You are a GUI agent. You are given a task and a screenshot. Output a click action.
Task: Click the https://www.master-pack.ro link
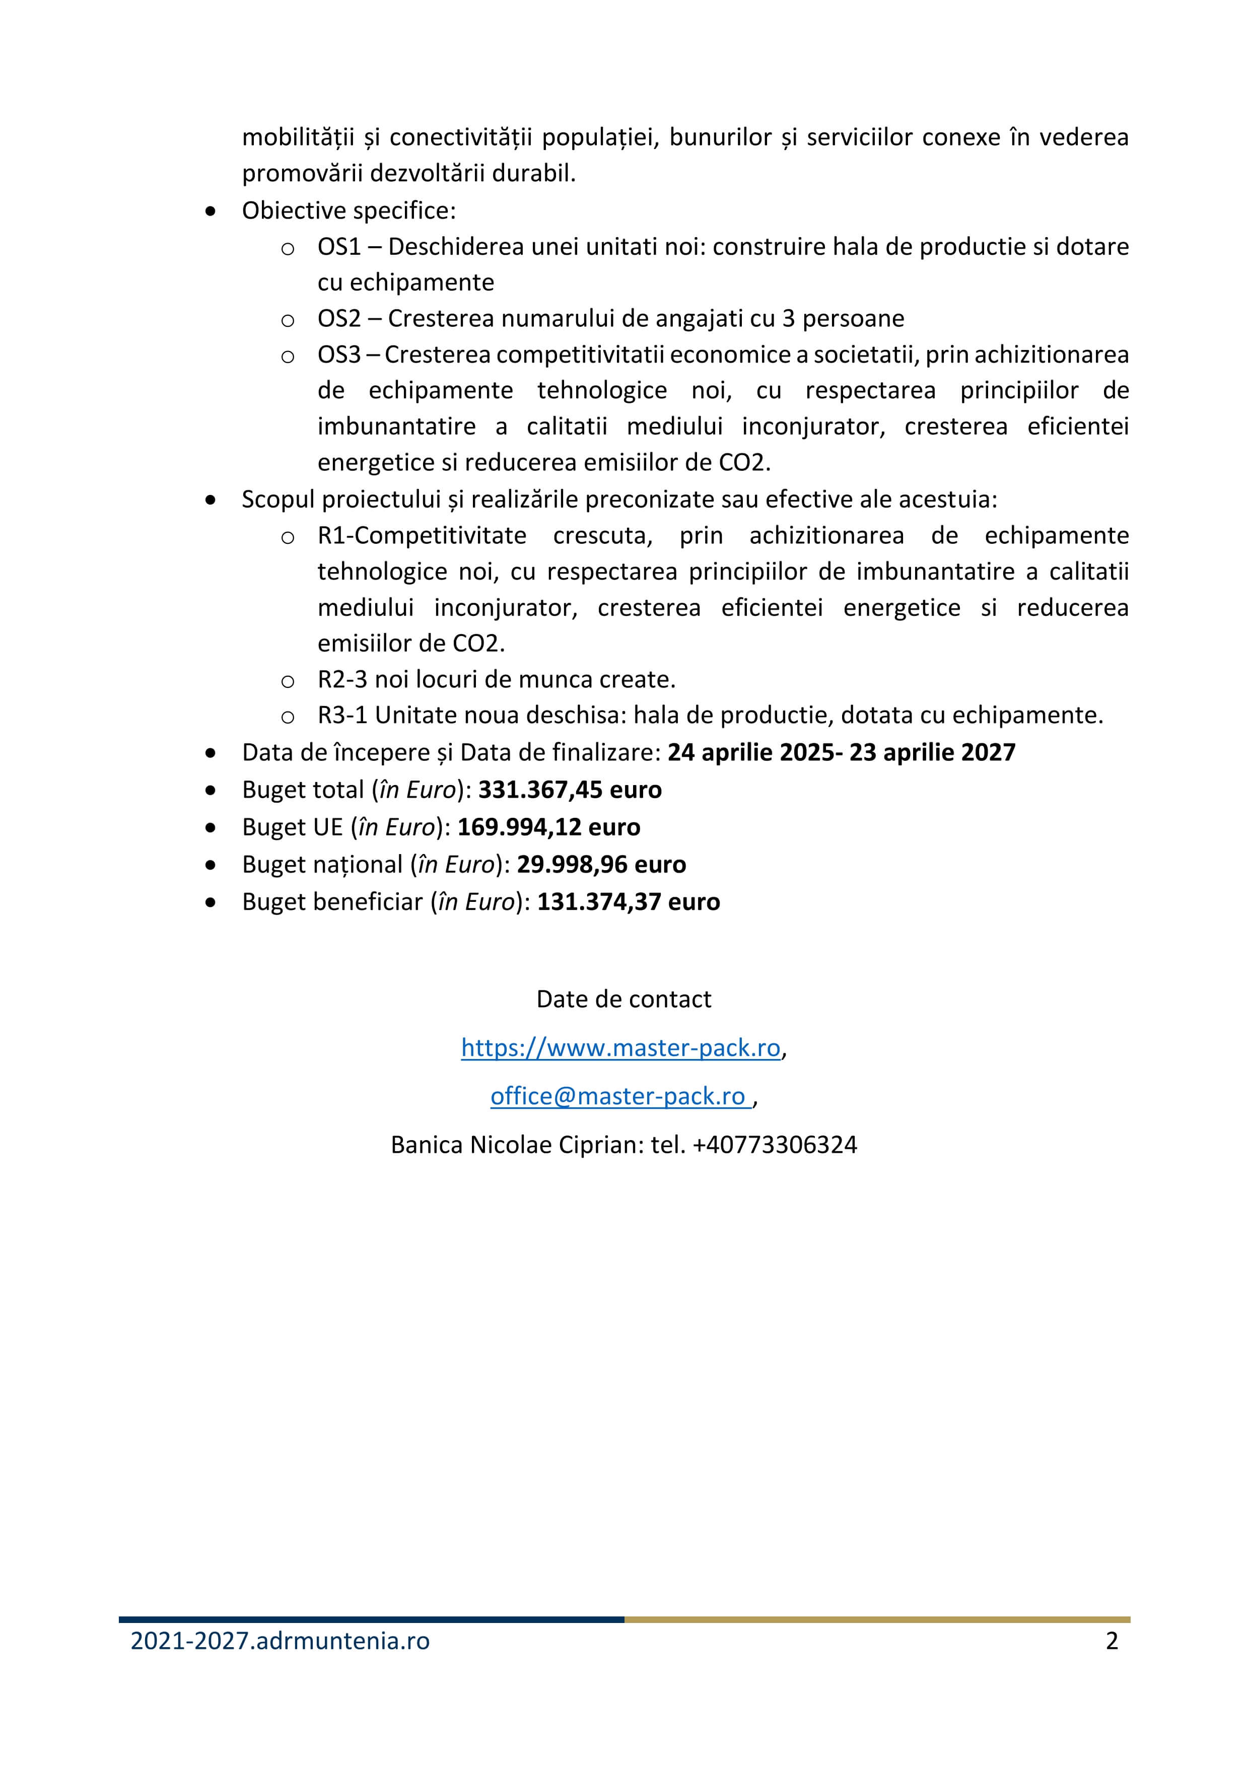620,1047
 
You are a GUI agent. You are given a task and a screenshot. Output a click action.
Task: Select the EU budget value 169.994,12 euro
548,827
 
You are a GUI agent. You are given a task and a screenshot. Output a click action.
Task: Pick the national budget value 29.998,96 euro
601,865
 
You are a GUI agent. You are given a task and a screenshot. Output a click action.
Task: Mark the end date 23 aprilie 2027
932,752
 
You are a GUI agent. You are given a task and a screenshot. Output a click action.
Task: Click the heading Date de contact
623,999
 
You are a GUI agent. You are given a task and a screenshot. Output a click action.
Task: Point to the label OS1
339,247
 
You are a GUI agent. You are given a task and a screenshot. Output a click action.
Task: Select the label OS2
339,318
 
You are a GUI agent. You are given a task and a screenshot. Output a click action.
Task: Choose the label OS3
339,355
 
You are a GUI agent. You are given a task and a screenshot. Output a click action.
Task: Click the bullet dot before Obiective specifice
211,211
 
